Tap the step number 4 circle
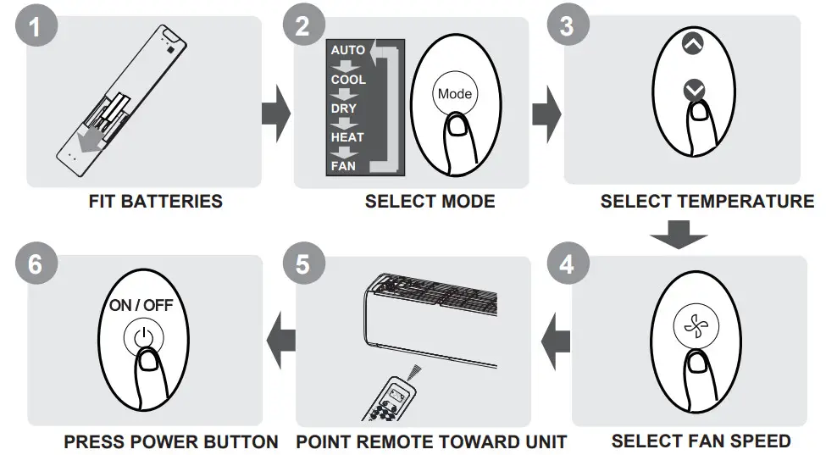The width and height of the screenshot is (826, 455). tap(566, 264)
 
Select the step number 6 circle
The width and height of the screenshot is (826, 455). tap(34, 264)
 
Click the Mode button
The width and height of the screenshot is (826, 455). tap(455, 94)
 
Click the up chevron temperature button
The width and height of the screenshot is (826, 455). tap(693, 44)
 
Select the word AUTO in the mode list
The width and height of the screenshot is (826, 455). tap(347, 50)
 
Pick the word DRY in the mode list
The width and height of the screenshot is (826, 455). tap(344, 108)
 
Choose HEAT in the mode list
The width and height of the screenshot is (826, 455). tap(347, 137)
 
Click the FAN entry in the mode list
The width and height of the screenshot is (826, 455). tap(343, 166)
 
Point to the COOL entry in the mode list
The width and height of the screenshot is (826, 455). tap(348, 80)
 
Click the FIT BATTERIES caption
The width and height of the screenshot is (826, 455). tap(155, 202)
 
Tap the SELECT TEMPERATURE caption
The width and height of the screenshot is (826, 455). tap(707, 202)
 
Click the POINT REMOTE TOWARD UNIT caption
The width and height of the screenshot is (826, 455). tap(430, 441)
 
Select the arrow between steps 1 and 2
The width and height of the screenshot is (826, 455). tap(275, 113)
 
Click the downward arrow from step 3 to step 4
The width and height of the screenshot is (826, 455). tap(682, 233)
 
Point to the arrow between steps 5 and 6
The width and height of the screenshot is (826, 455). tap(280, 340)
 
